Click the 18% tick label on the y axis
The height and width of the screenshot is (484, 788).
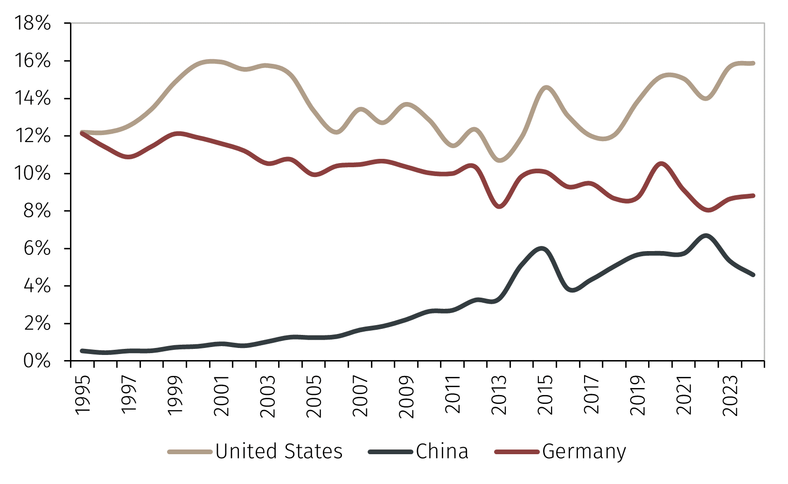[x=32, y=23]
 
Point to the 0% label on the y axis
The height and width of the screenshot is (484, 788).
[x=37, y=361]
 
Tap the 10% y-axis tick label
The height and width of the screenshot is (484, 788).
[x=32, y=173]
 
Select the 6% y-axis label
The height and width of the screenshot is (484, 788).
[x=37, y=248]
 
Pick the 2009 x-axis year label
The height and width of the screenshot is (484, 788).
[x=407, y=396]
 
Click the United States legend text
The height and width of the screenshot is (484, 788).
[x=279, y=451]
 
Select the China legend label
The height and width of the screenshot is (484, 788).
[x=442, y=451]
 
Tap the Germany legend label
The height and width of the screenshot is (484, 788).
[x=584, y=451]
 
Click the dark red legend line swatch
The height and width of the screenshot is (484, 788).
[x=517, y=451]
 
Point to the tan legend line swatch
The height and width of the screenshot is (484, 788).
[x=190, y=451]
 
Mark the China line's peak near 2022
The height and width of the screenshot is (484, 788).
[x=706, y=236]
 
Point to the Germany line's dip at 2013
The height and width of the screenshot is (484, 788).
[x=500, y=206]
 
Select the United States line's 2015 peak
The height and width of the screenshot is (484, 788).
[x=546, y=88]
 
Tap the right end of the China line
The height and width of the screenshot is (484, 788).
[x=753, y=275]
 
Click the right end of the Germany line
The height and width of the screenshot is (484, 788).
[x=753, y=196]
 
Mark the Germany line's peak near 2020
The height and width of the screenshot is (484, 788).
[x=661, y=164]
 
